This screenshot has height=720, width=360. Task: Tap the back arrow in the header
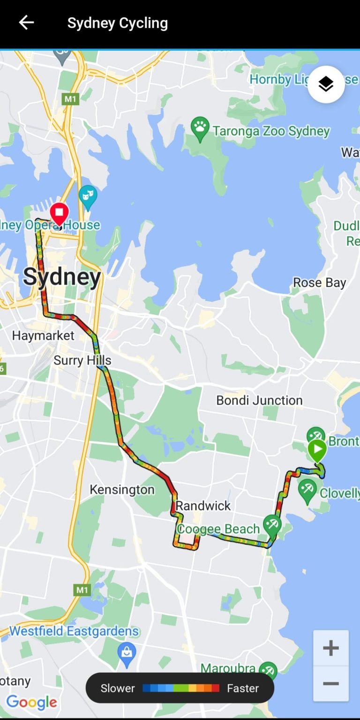pyautogui.click(x=26, y=22)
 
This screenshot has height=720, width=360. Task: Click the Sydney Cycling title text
pyautogui.click(x=117, y=23)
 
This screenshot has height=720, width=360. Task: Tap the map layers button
pyautogui.click(x=326, y=84)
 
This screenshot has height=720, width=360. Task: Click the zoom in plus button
pyautogui.click(x=330, y=648)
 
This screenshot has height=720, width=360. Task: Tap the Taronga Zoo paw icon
pyautogui.click(x=200, y=128)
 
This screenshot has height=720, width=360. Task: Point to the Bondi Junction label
pyautogui.click(x=259, y=400)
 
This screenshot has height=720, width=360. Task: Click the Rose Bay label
pyautogui.click(x=319, y=283)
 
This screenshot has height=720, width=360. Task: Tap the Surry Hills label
pyautogui.click(x=82, y=360)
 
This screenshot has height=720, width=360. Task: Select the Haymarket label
pyautogui.click(x=43, y=336)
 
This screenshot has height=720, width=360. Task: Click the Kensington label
pyautogui.click(x=122, y=489)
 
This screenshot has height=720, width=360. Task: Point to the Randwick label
pyautogui.click(x=203, y=505)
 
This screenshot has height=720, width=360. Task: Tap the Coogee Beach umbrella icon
pyautogui.click(x=272, y=525)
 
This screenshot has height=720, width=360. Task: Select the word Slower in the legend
pyautogui.click(x=118, y=688)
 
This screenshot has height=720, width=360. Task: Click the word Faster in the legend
pyautogui.click(x=243, y=688)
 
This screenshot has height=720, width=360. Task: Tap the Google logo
pyautogui.click(x=31, y=702)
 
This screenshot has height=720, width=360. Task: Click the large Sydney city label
pyautogui.click(x=62, y=277)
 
